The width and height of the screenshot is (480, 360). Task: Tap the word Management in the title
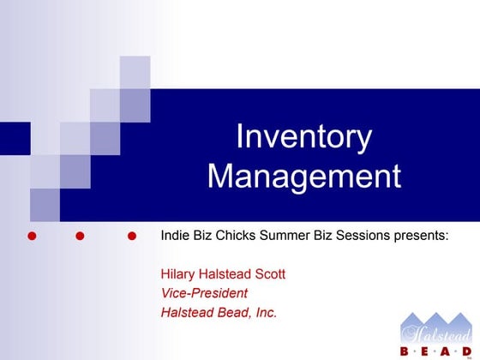coord(303,177)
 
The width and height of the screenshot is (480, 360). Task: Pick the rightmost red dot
coord(131,235)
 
